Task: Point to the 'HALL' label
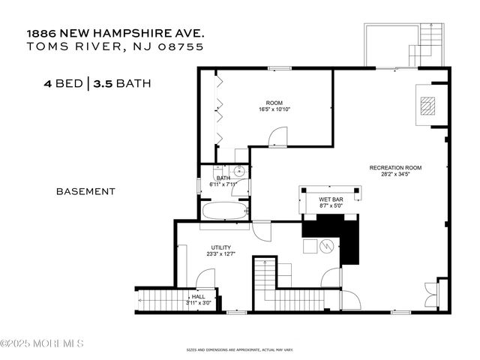198,296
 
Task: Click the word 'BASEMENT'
85,191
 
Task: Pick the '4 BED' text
64,83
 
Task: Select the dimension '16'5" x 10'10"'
274,109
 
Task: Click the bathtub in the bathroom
224,208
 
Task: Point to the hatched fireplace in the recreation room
426,106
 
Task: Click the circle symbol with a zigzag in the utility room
326,245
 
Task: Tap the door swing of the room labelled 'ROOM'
278,136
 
